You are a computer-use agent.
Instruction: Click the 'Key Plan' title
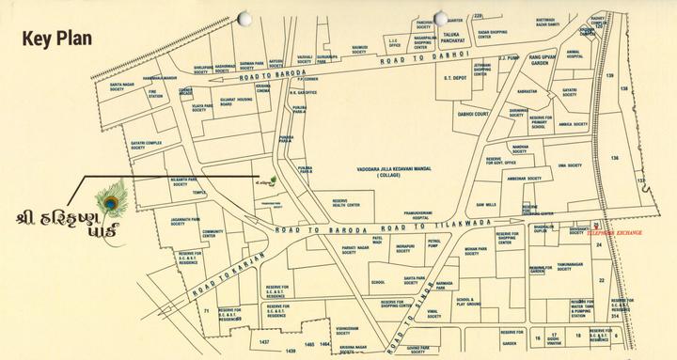click(57, 39)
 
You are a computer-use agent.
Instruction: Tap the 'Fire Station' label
click(155, 94)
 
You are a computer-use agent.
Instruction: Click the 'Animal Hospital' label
click(575, 54)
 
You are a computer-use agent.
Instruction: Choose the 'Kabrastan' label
click(526, 91)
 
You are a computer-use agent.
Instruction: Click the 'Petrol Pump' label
click(433, 243)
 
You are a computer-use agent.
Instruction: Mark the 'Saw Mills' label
click(486, 203)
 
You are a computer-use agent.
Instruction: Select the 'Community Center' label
click(213, 234)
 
